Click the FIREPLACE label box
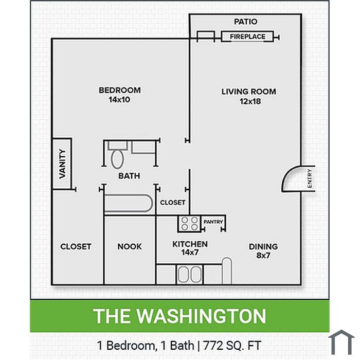247,37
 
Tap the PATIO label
245,22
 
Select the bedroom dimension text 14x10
119,100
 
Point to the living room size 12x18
250,101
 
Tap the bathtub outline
128,203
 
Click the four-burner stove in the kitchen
189,223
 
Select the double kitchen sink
190,274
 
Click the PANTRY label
213,222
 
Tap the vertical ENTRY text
310,178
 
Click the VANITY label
62,164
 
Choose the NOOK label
130,246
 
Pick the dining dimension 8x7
263,255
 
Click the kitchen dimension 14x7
190,253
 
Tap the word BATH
129,176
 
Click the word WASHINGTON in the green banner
202,316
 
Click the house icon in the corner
341,342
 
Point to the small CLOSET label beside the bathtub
173,203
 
